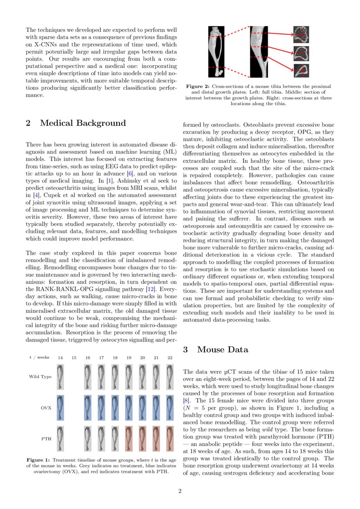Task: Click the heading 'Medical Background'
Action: pos(83,123)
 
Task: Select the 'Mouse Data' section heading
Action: pos(222,350)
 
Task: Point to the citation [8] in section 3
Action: pos(186,399)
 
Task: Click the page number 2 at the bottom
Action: pos(180,492)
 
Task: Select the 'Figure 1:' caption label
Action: pos(39,460)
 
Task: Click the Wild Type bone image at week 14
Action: pos(60,377)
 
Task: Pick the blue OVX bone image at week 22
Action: pos(170,408)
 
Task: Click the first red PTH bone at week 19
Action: pos(129,438)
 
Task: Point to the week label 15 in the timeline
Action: pos(74,357)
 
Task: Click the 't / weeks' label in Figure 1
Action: pos(39,357)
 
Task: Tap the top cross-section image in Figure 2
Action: pos(300,33)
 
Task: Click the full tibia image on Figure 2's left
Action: pos(215,51)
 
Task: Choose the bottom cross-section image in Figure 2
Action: pos(300,70)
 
